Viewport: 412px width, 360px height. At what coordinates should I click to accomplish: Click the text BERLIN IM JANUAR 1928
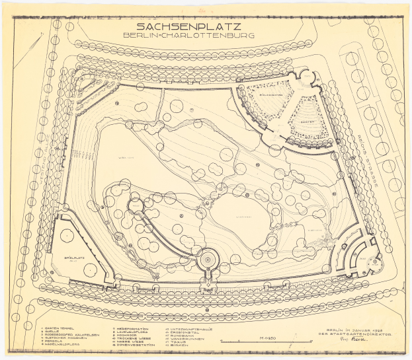358,330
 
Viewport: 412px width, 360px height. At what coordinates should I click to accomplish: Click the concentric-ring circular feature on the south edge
208,260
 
